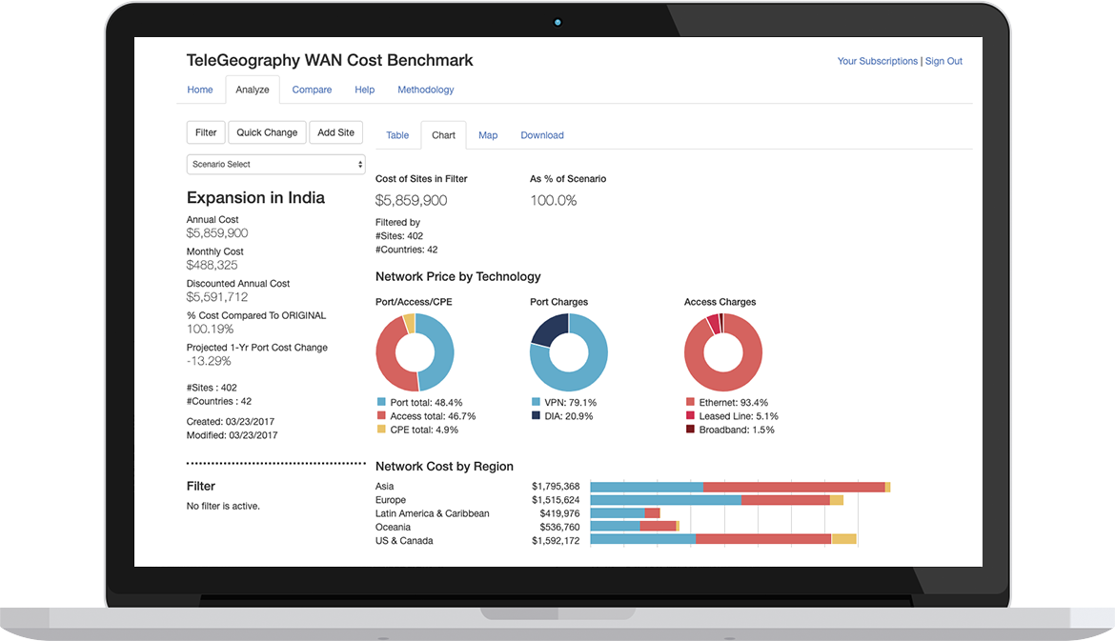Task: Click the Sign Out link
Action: click(x=943, y=61)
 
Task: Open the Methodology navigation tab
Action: click(x=425, y=90)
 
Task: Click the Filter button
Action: click(x=206, y=132)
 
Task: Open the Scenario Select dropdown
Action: click(x=275, y=165)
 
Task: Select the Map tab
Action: click(x=488, y=135)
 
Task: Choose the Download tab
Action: click(x=541, y=135)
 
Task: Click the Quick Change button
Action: click(x=267, y=132)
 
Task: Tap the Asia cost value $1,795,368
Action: click(x=556, y=487)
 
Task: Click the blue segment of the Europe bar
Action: click(x=665, y=500)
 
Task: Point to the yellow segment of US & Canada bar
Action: click(x=843, y=539)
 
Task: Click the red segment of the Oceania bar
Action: click(x=658, y=526)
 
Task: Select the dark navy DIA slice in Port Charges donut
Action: click(x=548, y=331)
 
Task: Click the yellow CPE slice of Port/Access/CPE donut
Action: click(x=409, y=323)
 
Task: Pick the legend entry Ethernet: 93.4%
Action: click(x=726, y=403)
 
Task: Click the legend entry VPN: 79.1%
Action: click(x=569, y=403)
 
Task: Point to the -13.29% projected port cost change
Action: click(x=209, y=361)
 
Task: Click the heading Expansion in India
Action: click(x=255, y=198)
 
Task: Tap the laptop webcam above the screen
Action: click(x=557, y=23)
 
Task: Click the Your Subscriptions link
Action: click(x=877, y=61)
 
